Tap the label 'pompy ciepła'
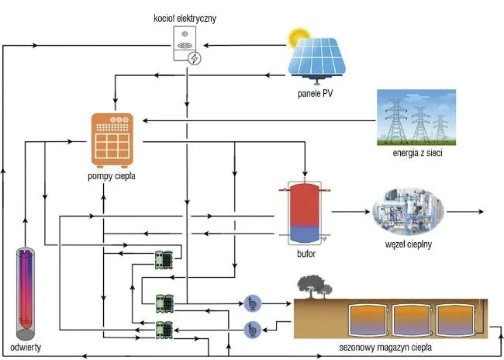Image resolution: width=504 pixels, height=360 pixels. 112,176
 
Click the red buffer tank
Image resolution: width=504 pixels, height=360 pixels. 306,211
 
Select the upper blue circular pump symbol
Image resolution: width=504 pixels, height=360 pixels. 252,303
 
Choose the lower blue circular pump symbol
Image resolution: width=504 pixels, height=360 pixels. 252,329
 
